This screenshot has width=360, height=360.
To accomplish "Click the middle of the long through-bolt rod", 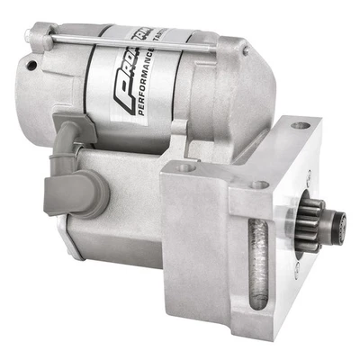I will [126, 39].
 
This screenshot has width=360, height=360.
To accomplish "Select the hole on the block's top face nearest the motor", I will [185, 166].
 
